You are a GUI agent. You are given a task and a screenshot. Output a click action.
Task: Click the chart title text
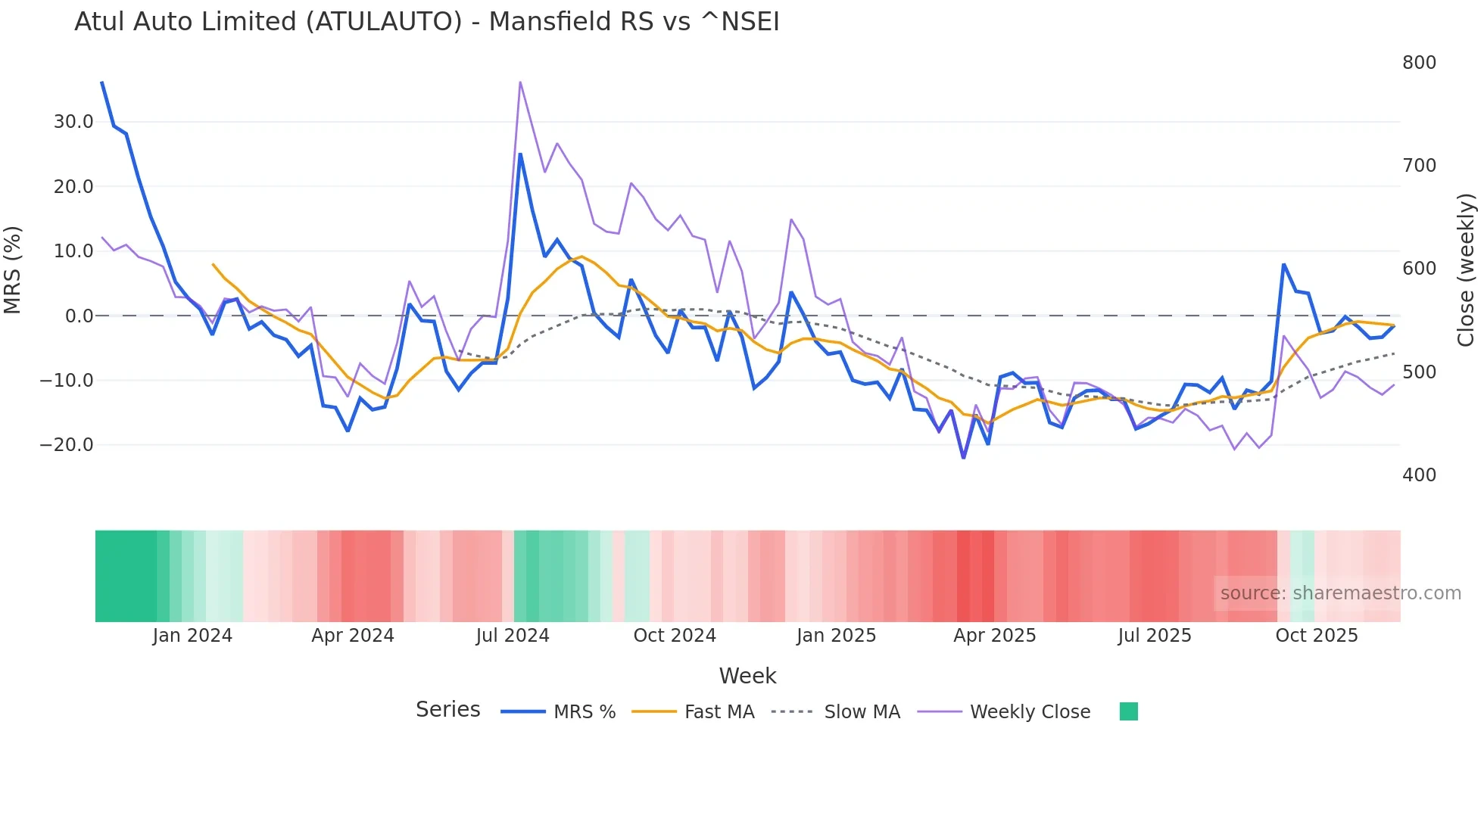(426, 22)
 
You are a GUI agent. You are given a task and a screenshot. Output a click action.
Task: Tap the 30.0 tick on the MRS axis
(73, 122)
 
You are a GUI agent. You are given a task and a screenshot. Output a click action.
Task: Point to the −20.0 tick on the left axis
(67, 445)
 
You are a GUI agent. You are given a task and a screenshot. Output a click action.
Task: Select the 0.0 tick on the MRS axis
(79, 316)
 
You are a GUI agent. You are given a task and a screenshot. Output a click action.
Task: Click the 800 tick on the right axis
(1419, 63)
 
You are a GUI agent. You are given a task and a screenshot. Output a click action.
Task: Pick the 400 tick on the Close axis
(1419, 475)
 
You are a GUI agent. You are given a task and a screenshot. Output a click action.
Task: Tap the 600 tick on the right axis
(1419, 269)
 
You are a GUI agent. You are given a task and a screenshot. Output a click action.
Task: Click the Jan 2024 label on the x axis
(192, 636)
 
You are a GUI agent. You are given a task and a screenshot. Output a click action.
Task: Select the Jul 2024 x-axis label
(513, 636)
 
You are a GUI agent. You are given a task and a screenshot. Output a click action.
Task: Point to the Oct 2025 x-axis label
(1317, 636)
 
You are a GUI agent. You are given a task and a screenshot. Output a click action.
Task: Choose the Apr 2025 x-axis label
(994, 636)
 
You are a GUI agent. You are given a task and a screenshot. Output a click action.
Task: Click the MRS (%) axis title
(13, 270)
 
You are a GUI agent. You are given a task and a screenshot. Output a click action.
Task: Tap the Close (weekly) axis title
(1467, 270)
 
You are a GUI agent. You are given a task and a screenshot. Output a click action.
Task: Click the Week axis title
(747, 676)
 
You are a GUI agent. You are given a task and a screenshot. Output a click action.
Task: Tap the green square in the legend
(1129, 711)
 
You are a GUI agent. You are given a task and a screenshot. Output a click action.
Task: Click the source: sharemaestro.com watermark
(1340, 593)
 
